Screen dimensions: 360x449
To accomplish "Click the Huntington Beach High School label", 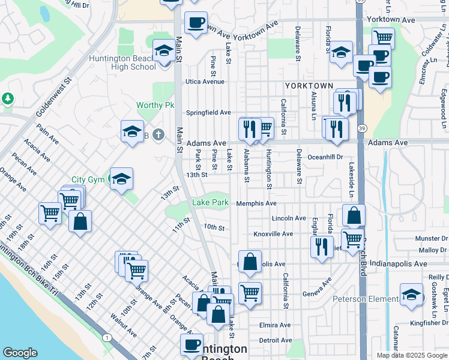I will [x=122, y=62].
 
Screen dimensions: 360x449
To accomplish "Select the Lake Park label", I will [x=210, y=203].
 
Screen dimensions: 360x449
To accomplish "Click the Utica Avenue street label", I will [x=205, y=82].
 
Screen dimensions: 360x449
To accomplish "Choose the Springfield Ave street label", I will [x=208, y=112].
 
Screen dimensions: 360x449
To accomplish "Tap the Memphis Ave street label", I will [x=256, y=203].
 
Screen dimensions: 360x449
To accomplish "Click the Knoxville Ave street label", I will [x=273, y=233].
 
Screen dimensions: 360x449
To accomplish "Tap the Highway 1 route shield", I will [x=107, y=338].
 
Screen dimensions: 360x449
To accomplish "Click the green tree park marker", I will [x=7, y=97].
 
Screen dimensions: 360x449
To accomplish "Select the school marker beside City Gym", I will [x=121, y=179].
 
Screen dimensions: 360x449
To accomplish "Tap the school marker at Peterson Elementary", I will [x=411, y=295].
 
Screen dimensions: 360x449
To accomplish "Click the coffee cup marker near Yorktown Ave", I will [x=196, y=23].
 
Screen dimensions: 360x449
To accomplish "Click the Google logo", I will [x=20, y=353].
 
